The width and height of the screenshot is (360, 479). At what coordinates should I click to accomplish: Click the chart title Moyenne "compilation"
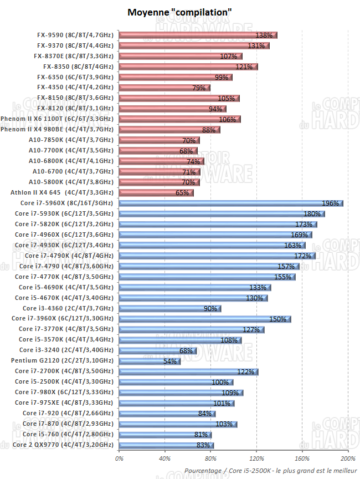180,12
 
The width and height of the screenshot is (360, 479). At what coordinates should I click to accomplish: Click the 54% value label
169,361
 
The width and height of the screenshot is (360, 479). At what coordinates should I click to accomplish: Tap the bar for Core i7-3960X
204,319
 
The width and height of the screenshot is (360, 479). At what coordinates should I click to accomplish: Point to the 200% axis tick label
348,458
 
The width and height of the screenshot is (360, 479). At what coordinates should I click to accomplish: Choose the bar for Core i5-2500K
176,382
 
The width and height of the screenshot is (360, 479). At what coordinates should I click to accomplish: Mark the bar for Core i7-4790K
217,256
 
